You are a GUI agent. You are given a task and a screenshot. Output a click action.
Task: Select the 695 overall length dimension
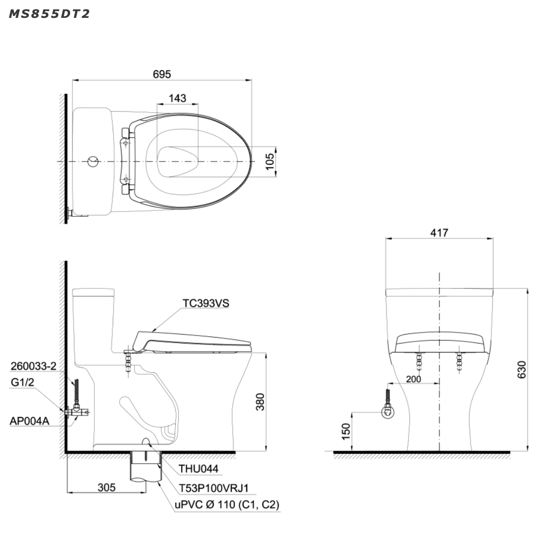pyautogui.click(x=162, y=74)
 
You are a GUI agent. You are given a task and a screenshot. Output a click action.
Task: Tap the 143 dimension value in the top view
pyautogui.click(x=177, y=98)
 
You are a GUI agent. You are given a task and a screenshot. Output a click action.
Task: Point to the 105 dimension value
pyautogui.click(x=270, y=161)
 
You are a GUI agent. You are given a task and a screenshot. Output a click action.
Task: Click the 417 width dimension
pyautogui.click(x=440, y=232)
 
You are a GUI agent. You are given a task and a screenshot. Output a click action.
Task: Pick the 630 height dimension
pyautogui.click(x=521, y=370)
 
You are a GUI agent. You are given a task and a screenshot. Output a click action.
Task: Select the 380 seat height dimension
pyautogui.click(x=261, y=403)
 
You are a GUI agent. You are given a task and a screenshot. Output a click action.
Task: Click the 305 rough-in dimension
pyautogui.click(x=106, y=487)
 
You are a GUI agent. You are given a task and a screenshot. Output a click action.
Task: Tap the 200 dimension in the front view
pyautogui.click(x=413, y=379)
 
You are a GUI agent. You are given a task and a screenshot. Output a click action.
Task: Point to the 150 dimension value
pyautogui.click(x=346, y=430)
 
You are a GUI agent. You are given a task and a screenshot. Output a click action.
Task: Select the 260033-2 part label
pyautogui.click(x=33, y=367)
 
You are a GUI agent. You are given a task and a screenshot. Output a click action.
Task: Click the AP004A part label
pyautogui.click(x=29, y=421)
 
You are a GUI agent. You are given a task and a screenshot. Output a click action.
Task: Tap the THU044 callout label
pyautogui.click(x=198, y=468)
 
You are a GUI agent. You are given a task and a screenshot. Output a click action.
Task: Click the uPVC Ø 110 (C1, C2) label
pyautogui.click(x=226, y=505)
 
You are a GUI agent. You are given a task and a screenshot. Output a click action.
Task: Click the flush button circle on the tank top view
pyautogui.click(x=93, y=161)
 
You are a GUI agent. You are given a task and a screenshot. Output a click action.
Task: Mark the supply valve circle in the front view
pyautogui.click(x=388, y=411)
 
